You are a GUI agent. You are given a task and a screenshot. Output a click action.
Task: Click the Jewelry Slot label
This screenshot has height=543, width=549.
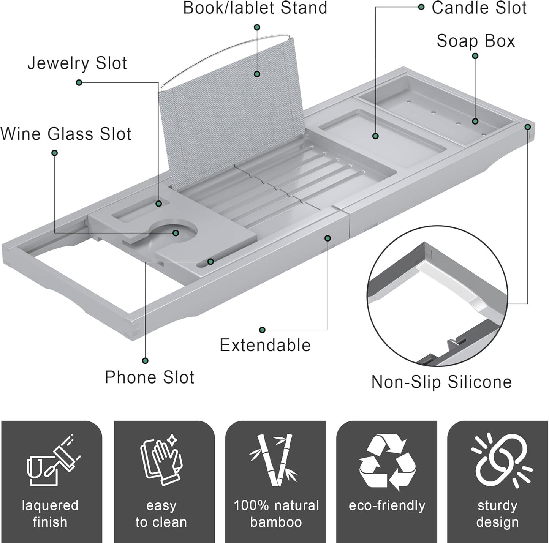pos(77,63)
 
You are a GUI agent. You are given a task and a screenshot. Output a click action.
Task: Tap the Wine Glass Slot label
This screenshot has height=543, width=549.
pos(66,134)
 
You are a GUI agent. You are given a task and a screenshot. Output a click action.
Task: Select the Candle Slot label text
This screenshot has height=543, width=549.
pos(479,8)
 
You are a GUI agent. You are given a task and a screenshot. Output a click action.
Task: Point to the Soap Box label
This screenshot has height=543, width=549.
pos(476,41)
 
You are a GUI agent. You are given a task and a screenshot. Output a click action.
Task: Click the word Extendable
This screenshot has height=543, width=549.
pos(265,345)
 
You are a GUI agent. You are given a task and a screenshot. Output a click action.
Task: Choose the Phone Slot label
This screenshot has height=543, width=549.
pos(149,377)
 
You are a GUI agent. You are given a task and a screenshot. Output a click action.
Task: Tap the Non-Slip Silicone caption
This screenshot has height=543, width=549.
pos(441,382)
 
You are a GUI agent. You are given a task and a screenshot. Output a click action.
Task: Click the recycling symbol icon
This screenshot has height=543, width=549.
pos(387,461)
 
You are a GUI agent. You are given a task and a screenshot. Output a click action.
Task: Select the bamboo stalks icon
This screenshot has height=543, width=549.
pos(275,459)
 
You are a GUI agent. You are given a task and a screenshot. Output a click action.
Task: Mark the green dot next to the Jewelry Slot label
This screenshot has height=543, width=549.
pos(79,82)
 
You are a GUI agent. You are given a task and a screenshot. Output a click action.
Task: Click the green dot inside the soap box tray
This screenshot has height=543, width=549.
pos(475,121)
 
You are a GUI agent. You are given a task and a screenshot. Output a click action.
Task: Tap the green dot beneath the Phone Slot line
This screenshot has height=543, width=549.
pos(145,361)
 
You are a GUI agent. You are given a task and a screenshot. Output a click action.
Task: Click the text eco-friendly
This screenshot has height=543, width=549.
pos(387,505)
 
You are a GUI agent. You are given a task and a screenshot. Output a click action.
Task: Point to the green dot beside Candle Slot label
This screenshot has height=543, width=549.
pos(421,7)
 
